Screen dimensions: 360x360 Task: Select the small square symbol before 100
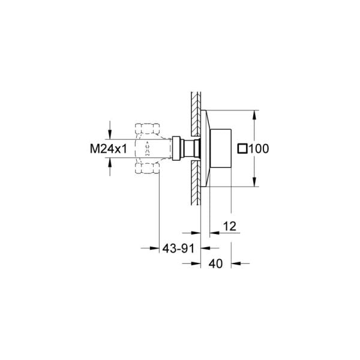coord(243,148)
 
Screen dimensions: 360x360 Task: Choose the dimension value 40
coord(217,263)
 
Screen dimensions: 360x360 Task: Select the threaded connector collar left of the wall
coord(178,148)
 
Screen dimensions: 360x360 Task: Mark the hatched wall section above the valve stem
coord(194,117)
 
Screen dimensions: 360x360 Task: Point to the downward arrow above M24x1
coord(109,134)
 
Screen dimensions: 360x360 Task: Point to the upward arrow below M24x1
coord(109,163)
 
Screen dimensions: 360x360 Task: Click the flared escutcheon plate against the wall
coord(205,148)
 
